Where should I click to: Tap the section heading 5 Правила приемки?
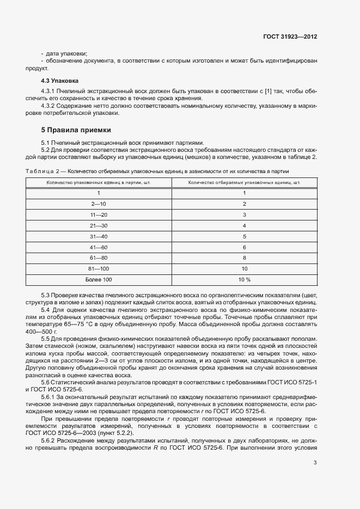pyautogui.click(x=76, y=130)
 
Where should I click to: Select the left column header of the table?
pyautogui.click(x=99, y=182)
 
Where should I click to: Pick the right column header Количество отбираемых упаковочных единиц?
pyautogui.click(x=244, y=182)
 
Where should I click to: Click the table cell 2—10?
pyautogui.click(x=99, y=204)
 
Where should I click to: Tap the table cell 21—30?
pyautogui.click(x=99, y=225)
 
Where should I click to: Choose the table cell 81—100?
pyautogui.click(x=99, y=269)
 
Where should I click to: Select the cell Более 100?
pyautogui.click(x=99, y=279)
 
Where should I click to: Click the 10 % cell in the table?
pyautogui.click(x=244, y=279)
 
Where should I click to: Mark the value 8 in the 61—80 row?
pyautogui.click(x=244, y=258)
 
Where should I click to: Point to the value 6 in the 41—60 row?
pyautogui.click(x=244, y=247)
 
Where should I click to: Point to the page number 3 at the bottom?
pyautogui.click(x=315, y=463)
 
